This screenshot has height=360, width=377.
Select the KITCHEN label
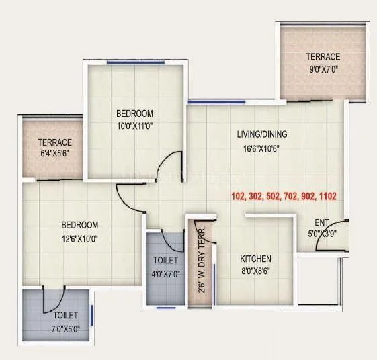point(256,259)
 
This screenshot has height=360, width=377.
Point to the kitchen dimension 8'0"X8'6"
point(256,272)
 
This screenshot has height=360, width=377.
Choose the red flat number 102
point(238,197)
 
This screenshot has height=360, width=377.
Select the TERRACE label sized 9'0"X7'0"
point(323,56)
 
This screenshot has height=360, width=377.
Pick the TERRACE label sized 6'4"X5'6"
point(54,142)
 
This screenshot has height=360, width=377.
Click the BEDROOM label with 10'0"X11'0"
point(134,113)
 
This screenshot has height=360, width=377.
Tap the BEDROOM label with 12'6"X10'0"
point(79,225)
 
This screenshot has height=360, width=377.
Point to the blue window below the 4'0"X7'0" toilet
point(165,308)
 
